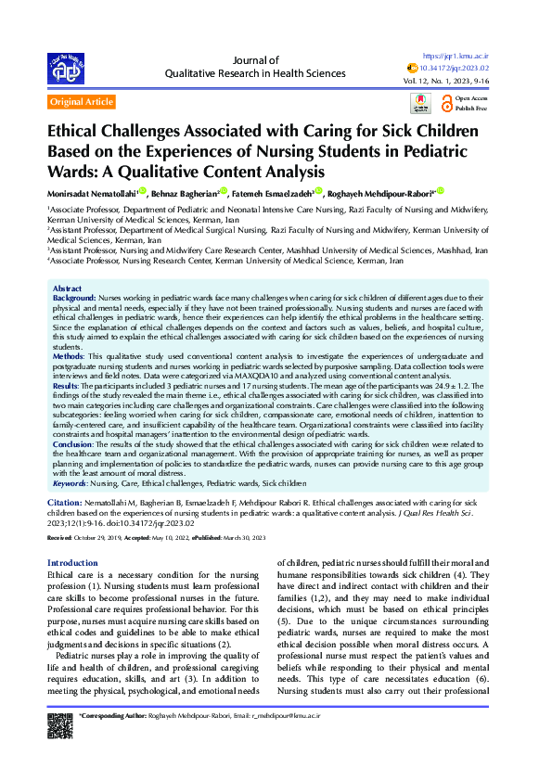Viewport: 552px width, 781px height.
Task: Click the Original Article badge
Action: pos(82,101)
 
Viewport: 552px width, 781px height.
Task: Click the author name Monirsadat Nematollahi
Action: pos(94,194)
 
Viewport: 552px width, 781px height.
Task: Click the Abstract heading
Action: pos(68,289)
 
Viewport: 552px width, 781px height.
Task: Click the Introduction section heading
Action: pos(72,563)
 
